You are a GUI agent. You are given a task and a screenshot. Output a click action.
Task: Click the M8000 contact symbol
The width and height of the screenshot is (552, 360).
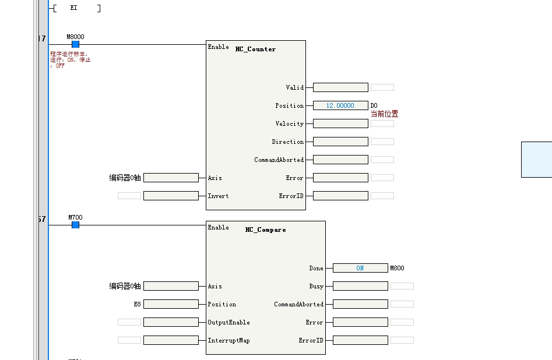tap(75, 44)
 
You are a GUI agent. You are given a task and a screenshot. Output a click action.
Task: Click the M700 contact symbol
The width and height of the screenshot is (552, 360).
tap(75, 225)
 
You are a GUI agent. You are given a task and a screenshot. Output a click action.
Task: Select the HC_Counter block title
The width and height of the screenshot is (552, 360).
tap(255, 50)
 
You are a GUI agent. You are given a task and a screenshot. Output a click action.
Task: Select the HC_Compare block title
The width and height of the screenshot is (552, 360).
tap(265, 230)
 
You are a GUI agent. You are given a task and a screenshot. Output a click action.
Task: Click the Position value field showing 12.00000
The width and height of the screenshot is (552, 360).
tap(340, 105)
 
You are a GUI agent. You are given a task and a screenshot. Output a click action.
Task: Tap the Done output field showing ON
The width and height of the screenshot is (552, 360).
tap(360, 268)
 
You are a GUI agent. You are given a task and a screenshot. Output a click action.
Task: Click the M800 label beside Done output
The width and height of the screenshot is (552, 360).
tap(397, 269)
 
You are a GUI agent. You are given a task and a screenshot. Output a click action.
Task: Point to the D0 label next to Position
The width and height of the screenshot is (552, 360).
tap(374, 105)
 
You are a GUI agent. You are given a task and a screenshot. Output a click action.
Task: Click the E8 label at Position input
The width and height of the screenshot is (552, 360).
tap(137, 304)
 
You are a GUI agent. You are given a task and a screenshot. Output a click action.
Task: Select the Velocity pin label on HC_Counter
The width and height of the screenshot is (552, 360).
tap(290, 123)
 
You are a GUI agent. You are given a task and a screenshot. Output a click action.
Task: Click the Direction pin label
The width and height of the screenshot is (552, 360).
tap(287, 142)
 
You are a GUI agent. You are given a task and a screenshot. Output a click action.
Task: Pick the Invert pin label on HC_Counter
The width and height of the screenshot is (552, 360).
tap(218, 196)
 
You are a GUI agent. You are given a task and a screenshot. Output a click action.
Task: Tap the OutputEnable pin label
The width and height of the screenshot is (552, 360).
tap(228, 322)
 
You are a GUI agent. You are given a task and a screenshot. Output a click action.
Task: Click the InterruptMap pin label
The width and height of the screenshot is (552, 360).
tap(228, 340)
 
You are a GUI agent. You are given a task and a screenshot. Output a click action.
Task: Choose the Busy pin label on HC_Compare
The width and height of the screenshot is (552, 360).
tap(316, 286)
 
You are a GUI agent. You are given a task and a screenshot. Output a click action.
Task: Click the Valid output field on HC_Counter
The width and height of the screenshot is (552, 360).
tap(340, 87)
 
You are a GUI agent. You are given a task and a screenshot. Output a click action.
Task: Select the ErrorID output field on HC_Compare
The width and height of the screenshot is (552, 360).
tap(360, 340)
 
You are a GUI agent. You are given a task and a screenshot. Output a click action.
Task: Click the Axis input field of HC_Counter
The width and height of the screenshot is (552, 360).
tap(171, 178)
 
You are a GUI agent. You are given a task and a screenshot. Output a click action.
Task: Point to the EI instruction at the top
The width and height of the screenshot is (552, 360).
tap(74, 8)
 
